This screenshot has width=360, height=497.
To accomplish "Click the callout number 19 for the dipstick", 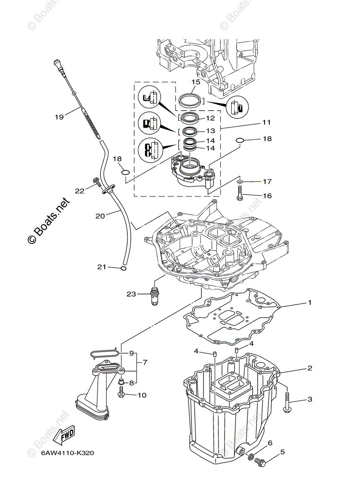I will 59,117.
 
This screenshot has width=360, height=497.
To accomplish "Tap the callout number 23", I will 131,294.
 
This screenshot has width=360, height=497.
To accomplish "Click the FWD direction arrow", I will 66,435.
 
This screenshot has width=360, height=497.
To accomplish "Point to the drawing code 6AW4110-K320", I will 68,453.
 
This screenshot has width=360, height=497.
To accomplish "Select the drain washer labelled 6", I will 250,456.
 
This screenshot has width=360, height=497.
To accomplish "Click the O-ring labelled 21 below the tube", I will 123,268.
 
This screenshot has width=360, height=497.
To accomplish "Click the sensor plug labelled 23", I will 155,297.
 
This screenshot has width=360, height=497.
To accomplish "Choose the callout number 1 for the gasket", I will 309,303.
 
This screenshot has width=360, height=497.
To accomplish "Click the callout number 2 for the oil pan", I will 309,368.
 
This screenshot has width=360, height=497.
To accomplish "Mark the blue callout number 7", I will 145,362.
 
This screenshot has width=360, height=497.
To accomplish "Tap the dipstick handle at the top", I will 57,64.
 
